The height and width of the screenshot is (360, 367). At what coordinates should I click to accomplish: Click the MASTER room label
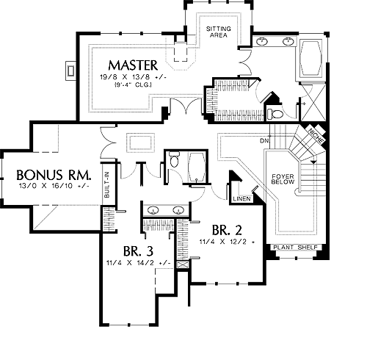click(133, 65)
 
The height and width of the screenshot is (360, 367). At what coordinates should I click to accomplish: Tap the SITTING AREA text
click(219, 32)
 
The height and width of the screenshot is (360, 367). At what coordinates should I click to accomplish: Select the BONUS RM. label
click(54, 175)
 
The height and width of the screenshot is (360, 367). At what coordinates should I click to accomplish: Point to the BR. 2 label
click(227, 230)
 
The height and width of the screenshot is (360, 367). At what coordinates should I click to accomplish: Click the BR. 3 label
click(138, 251)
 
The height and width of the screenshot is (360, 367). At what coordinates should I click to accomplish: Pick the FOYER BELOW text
click(283, 179)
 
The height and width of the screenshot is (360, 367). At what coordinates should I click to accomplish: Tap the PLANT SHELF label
click(295, 248)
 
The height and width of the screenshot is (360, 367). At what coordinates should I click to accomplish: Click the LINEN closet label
click(241, 198)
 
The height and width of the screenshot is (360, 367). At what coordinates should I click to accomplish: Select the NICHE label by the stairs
click(316, 136)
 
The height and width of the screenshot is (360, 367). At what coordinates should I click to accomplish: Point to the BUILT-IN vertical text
click(107, 184)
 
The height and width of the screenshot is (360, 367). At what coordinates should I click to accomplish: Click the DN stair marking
click(264, 141)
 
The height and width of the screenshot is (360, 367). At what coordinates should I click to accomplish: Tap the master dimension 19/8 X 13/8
click(133, 77)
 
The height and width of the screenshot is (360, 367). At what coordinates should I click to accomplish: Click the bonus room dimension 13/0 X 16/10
click(54, 186)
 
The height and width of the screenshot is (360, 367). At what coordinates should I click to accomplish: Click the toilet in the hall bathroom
click(174, 159)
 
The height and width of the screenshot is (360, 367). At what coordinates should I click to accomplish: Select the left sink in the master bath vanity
click(262, 41)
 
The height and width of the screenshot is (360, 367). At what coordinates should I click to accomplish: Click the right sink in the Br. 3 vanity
click(178, 210)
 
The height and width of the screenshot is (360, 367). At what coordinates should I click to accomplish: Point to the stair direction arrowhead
click(313, 162)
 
